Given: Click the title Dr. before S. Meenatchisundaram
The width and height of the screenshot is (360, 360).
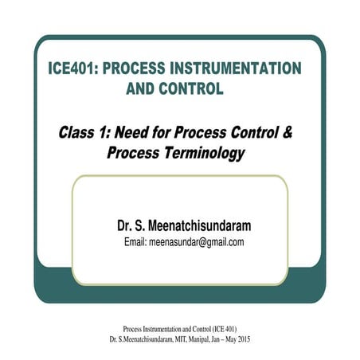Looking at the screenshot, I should [x=127, y=225].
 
